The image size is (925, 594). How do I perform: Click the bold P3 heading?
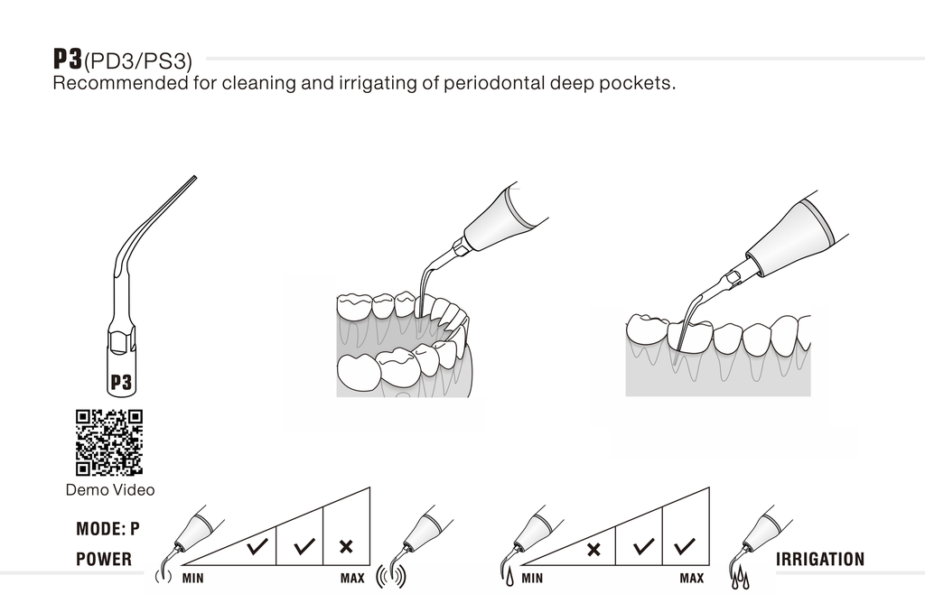68,60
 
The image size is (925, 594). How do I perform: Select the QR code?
108,442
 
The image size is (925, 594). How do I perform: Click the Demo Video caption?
109,490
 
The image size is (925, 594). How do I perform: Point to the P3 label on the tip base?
121,383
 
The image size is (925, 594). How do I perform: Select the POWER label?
103,560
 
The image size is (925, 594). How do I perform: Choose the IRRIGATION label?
820,560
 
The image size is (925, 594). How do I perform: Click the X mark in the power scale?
346,547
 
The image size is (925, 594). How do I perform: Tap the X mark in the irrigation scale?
593,549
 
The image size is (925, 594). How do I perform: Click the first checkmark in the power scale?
257,546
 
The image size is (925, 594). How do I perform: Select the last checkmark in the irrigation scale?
685,546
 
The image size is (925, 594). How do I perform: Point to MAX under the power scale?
352,578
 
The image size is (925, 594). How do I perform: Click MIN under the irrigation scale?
532,578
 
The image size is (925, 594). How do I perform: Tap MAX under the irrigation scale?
691,578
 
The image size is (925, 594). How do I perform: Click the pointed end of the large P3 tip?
195,178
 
